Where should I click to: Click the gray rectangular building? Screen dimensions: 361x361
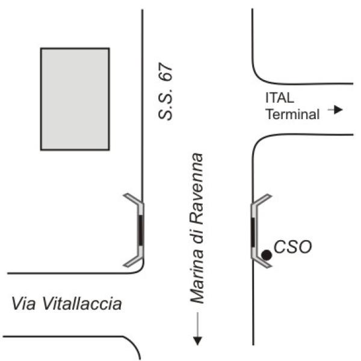(75, 99)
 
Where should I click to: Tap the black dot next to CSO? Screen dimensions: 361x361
(267, 255)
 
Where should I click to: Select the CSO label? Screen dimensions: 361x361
(293, 247)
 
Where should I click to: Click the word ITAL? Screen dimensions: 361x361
(280, 97)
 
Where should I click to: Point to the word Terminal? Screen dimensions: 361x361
(292, 114)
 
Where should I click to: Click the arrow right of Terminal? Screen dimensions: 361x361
(335, 110)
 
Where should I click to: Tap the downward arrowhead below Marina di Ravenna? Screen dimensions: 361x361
(197, 341)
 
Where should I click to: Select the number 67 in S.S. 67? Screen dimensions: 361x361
(166, 72)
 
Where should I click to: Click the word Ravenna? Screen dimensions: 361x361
(197, 189)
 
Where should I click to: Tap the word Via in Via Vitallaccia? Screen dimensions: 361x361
(23, 303)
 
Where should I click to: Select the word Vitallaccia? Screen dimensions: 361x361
(82, 303)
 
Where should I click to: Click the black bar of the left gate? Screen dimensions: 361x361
(141, 230)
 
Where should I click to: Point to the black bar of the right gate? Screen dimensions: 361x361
(253, 232)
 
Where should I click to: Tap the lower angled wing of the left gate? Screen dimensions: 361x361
(133, 262)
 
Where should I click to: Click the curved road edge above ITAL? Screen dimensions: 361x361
(262, 78)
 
